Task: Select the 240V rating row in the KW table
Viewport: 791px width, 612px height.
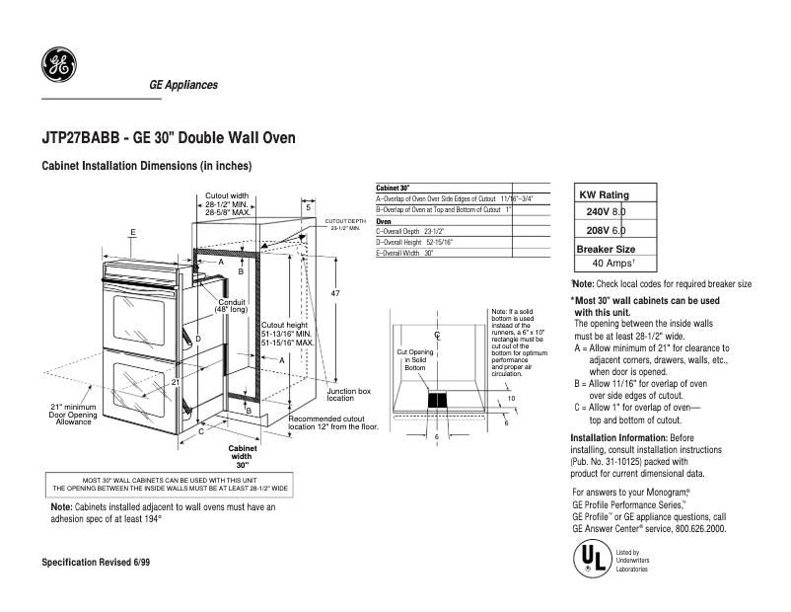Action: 606,212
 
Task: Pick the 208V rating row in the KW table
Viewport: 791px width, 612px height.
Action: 606,230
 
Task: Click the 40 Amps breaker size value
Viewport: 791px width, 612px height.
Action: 612,264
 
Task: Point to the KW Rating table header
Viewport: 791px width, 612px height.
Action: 607,194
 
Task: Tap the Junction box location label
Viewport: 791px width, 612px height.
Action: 348,395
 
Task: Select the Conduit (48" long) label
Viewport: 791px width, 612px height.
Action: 231,306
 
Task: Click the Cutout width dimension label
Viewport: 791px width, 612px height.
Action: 227,203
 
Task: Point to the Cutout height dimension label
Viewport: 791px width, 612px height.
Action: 286,335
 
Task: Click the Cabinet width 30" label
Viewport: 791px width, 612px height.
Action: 242,456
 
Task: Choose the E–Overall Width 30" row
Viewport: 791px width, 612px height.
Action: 405,253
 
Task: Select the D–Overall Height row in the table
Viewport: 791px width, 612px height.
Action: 414,242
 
